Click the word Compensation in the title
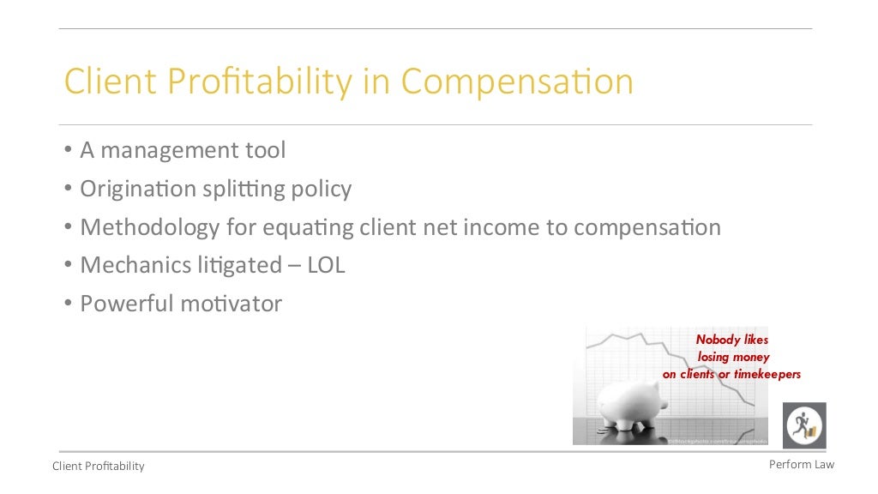pyautogui.click(x=517, y=82)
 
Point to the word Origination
pyautogui.click(x=135, y=189)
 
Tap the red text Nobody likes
pyautogui.click(x=732, y=340)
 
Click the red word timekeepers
pyautogui.click(x=767, y=374)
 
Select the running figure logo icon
pyautogui.click(x=804, y=425)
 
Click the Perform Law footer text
pyautogui.click(x=801, y=464)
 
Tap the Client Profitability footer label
pyautogui.click(x=99, y=466)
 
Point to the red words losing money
pyautogui.click(x=733, y=357)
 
